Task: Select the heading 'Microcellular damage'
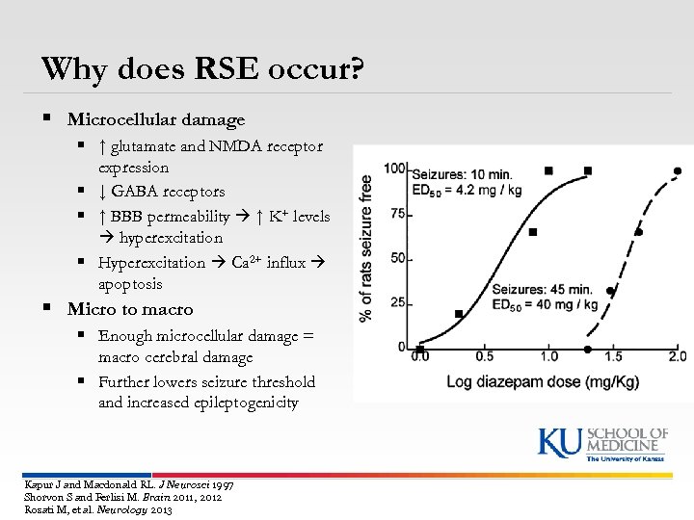155,119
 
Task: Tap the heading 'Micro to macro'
130,309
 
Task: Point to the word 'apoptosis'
130,285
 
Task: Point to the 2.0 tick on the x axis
677,357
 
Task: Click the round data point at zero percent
588,349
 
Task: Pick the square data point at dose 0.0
420,348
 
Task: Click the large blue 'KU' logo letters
559,441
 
